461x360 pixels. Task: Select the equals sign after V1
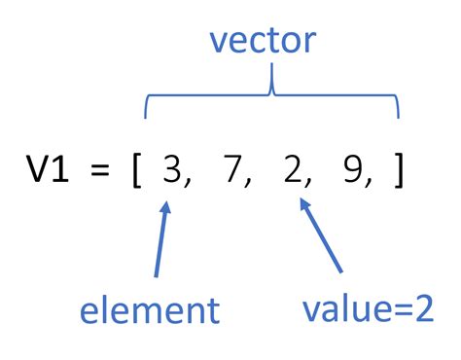[x=95, y=173]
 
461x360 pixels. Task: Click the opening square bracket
[x=136, y=173]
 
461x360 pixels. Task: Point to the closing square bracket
[x=398, y=173]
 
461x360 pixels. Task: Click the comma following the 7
[x=256, y=185]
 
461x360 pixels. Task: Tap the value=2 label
[x=366, y=311]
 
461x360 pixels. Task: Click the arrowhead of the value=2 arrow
[x=303, y=204]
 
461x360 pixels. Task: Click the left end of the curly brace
[x=146, y=115]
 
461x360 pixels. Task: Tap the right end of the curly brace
[x=398, y=115]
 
